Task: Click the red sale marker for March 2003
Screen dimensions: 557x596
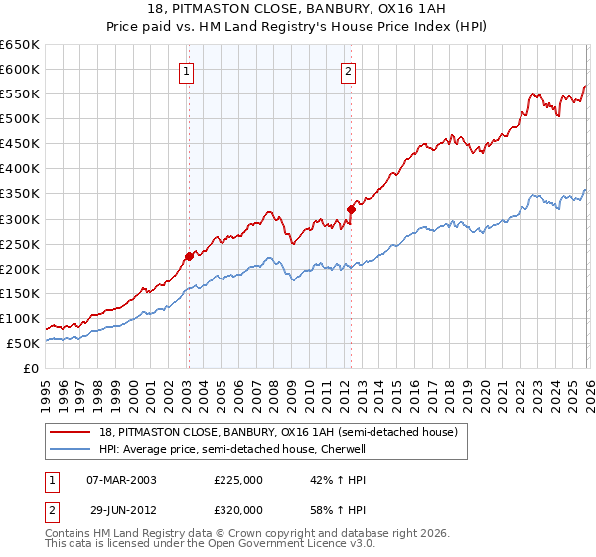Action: click(x=189, y=256)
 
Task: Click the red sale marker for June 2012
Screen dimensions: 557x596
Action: click(x=351, y=209)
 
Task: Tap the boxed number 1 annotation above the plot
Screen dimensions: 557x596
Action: click(x=187, y=71)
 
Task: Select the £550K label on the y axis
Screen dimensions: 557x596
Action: click(x=20, y=94)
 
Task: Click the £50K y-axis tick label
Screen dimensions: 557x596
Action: click(x=24, y=344)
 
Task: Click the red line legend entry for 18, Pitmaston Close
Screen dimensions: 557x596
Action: click(x=278, y=432)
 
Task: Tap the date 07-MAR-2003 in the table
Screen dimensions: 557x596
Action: click(x=122, y=479)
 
